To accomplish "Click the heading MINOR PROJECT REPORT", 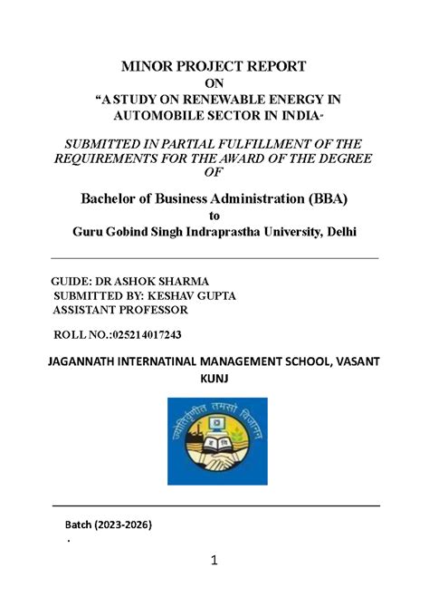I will click(214, 66).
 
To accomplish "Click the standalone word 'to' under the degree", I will click(214, 216).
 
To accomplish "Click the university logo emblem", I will click(217, 440).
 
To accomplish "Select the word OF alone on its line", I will click(214, 173).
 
